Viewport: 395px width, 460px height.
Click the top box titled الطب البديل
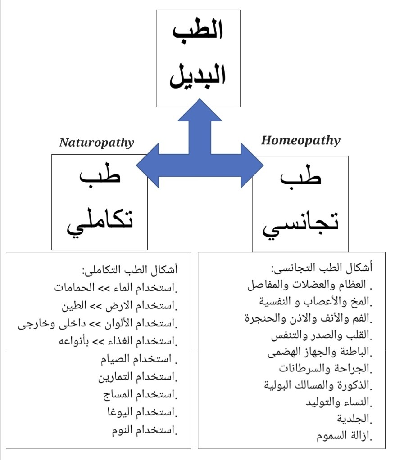pos(198,58)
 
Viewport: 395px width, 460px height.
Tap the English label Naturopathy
pos(97,143)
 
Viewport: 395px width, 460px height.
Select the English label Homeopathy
pos(300,140)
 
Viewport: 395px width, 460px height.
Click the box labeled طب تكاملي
pos(100,202)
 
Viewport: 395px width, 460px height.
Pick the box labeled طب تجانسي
pos(300,204)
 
